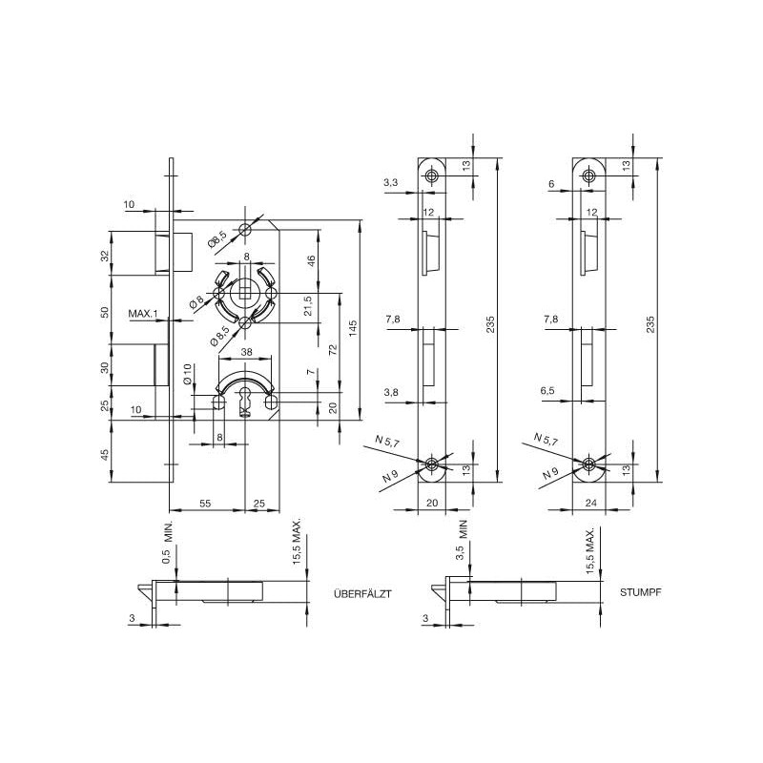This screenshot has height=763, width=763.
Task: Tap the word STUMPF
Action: [640, 592]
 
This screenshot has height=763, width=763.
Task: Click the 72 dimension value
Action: [332, 350]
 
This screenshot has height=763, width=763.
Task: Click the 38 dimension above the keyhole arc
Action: [247, 351]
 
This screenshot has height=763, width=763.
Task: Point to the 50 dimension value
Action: [104, 314]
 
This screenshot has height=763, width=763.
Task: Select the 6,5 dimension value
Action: [547, 391]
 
